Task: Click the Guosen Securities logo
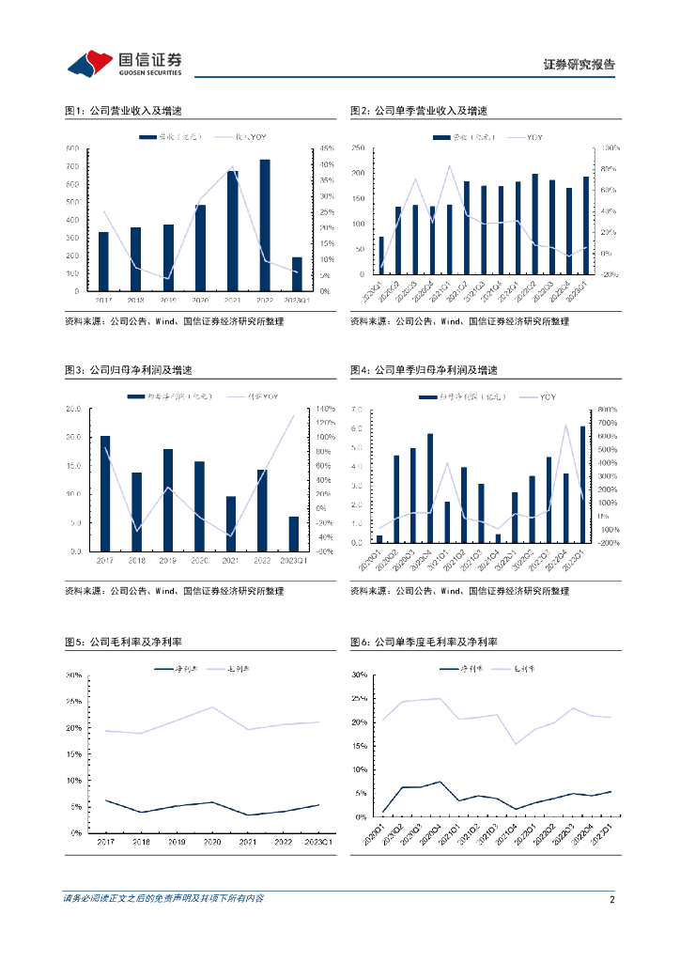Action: click(124, 63)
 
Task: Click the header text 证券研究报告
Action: click(580, 65)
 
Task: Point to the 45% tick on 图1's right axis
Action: click(327, 148)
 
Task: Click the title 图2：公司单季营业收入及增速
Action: click(419, 111)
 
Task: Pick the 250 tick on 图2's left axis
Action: click(357, 148)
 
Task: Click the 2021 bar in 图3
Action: click(232, 523)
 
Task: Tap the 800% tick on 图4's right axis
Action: click(609, 409)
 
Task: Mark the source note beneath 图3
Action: click(174, 591)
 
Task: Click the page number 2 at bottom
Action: click(611, 899)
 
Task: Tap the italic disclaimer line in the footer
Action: click(163, 899)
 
